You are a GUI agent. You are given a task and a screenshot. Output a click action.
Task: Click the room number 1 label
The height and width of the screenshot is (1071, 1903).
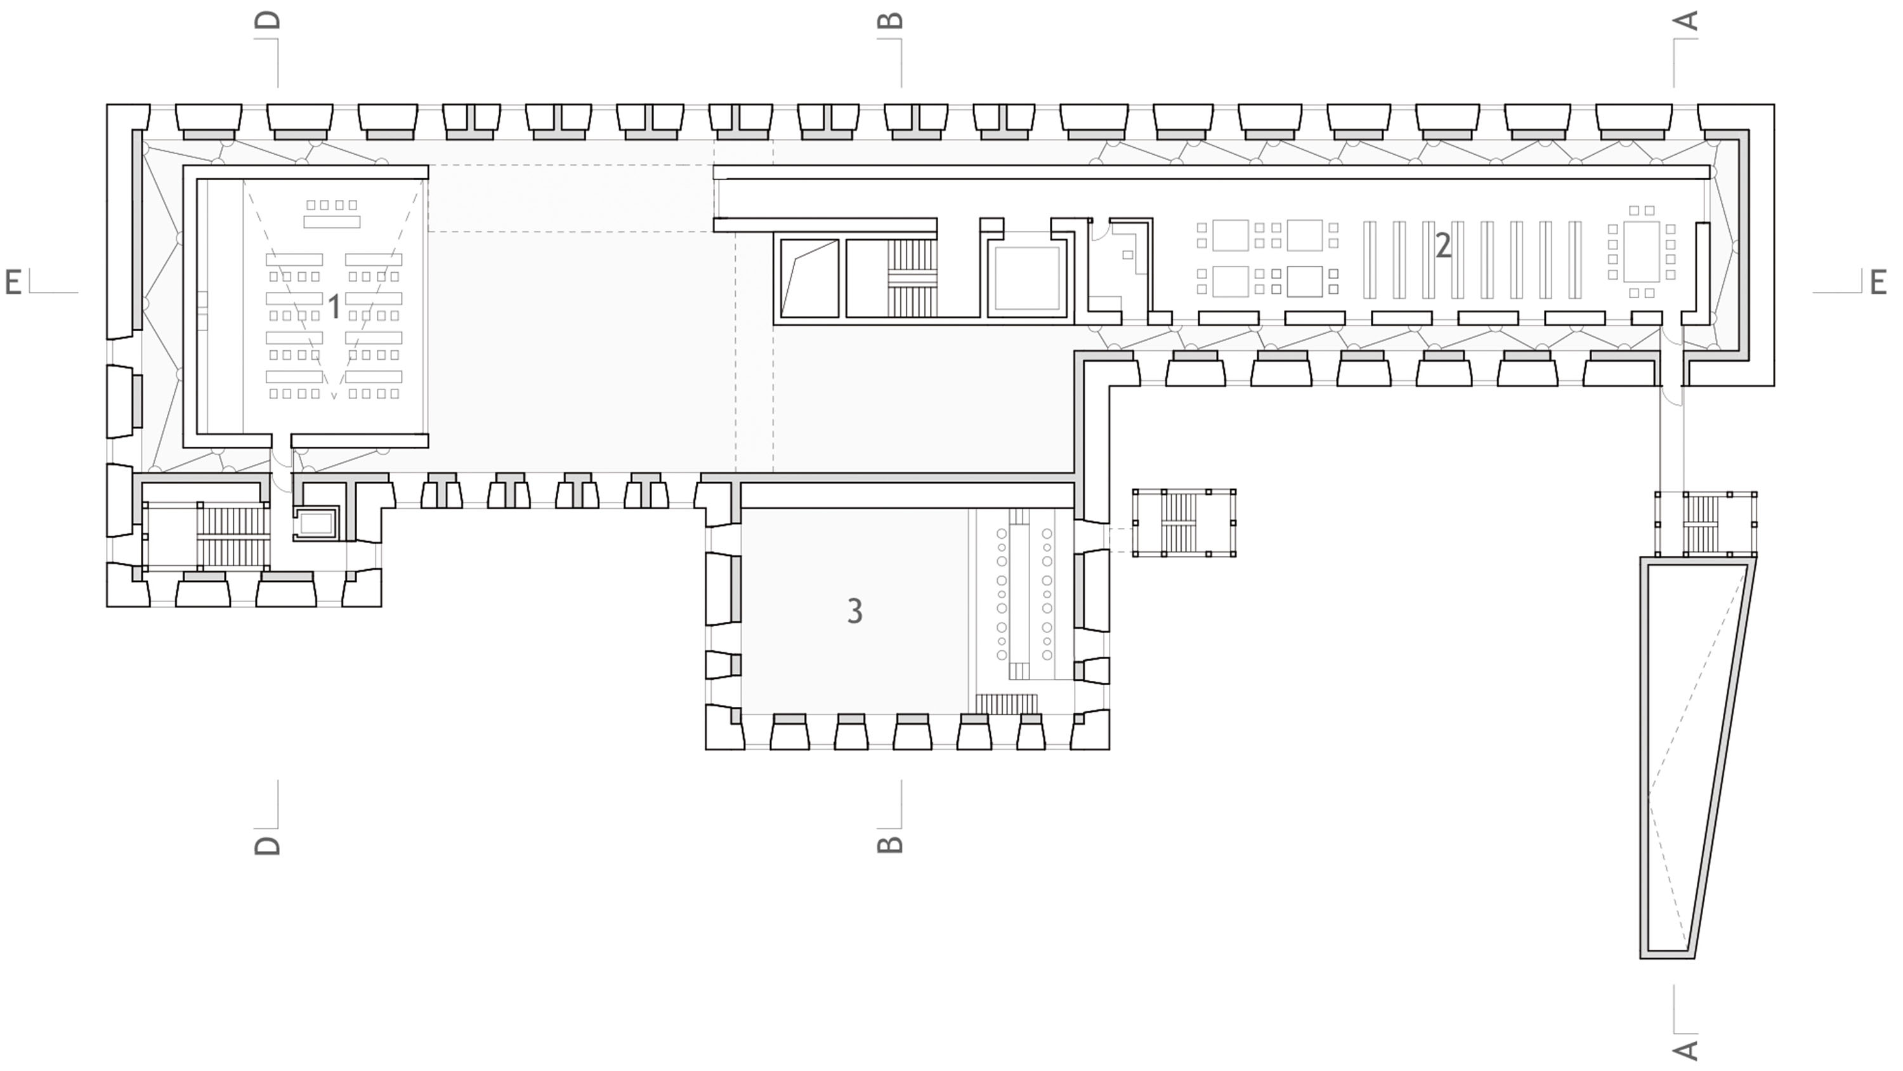[334, 306]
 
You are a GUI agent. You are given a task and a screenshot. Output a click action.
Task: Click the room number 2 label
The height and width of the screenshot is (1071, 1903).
[1442, 245]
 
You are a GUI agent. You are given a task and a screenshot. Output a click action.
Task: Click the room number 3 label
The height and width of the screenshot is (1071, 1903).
[854, 611]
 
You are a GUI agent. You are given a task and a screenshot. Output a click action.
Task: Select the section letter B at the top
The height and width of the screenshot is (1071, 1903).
[890, 20]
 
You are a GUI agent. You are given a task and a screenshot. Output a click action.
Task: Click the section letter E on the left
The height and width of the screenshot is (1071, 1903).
[13, 282]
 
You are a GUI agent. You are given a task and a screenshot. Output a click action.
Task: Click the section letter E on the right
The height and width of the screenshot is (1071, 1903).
[1879, 282]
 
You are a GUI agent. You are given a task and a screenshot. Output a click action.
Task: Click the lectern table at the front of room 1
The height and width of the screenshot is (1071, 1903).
[332, 221]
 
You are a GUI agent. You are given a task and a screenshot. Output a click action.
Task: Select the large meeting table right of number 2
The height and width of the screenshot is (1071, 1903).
[1642, 251]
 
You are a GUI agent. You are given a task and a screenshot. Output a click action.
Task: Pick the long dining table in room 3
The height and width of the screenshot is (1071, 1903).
[1024, 593]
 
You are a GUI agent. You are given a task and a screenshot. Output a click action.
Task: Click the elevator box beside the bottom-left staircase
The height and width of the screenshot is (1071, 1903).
[316, 523]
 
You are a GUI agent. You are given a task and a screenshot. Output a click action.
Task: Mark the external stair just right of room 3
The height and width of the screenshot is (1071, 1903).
[1184, 523]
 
